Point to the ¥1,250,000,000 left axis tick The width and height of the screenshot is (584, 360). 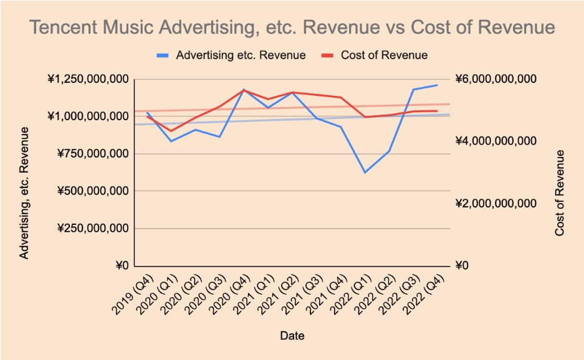(x=88, y=79)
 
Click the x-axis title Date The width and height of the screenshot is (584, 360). (x=292, y=336)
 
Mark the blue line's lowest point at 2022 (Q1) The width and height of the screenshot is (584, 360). (x=365, y=173)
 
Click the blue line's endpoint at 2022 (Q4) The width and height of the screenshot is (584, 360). (x=437, y=85)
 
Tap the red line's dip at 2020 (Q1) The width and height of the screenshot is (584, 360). (x=171, y=131)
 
